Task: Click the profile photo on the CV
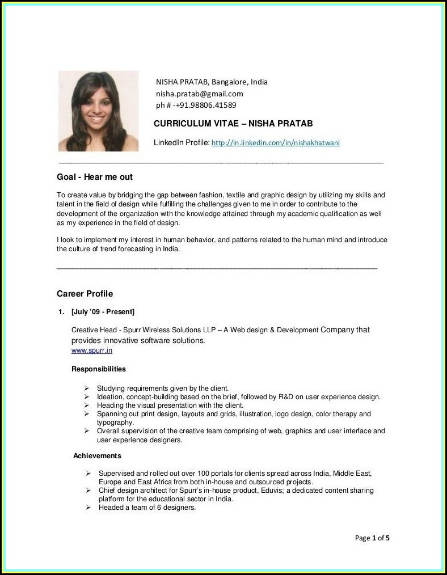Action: click(98, 111)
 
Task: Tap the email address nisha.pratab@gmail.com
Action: click(199, 94)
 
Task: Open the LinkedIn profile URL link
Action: click(275, 143)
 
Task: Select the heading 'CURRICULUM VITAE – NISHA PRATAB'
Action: click(233, 124)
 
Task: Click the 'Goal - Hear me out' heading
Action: click(95, 177)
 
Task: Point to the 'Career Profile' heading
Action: click(85, 294)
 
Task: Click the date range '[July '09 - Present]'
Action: click(103, 312)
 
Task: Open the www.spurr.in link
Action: click(91, 350)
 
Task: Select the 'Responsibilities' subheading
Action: click(99, 369)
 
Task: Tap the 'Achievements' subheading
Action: click(97, 456)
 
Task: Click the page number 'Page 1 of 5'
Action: click(372, 538)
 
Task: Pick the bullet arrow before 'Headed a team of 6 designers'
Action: click(88, 508)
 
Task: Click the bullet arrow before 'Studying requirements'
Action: click(86, 388)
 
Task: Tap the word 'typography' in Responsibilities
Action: click(115, 422)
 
